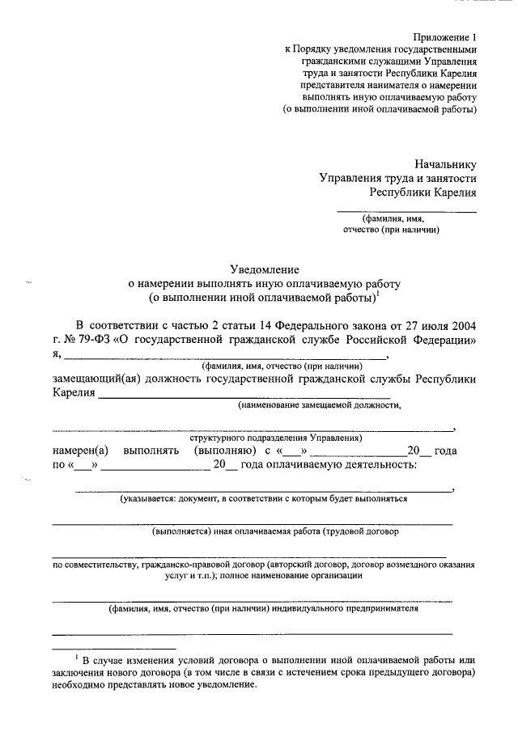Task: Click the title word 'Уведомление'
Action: [x=265, y=269]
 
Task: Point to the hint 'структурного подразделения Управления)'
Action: [x=276, y=438]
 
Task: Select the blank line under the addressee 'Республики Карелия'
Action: [x=406, y=211]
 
